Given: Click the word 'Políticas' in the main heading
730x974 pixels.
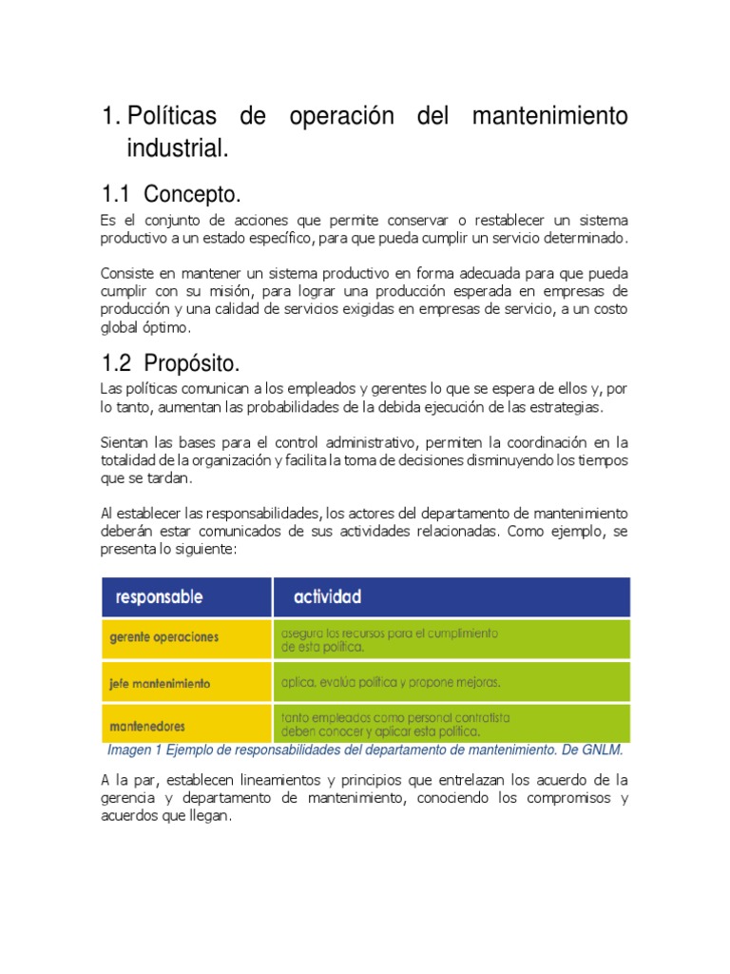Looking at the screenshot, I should click(x=171, y=117).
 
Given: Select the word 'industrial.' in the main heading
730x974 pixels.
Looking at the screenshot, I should click(x=179, y=148).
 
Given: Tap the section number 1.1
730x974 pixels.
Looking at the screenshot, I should click(x=115, y=195).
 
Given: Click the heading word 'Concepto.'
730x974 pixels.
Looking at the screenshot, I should click(x=194, y=195).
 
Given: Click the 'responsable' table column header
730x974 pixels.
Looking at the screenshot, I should click(x=159, y=597).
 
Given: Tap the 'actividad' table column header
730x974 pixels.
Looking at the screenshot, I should click(x=327, y=597).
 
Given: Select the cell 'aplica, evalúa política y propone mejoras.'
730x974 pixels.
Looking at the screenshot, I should click(x=390, y=682).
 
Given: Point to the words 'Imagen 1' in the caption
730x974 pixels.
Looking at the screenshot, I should click(x=134, y=750).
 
